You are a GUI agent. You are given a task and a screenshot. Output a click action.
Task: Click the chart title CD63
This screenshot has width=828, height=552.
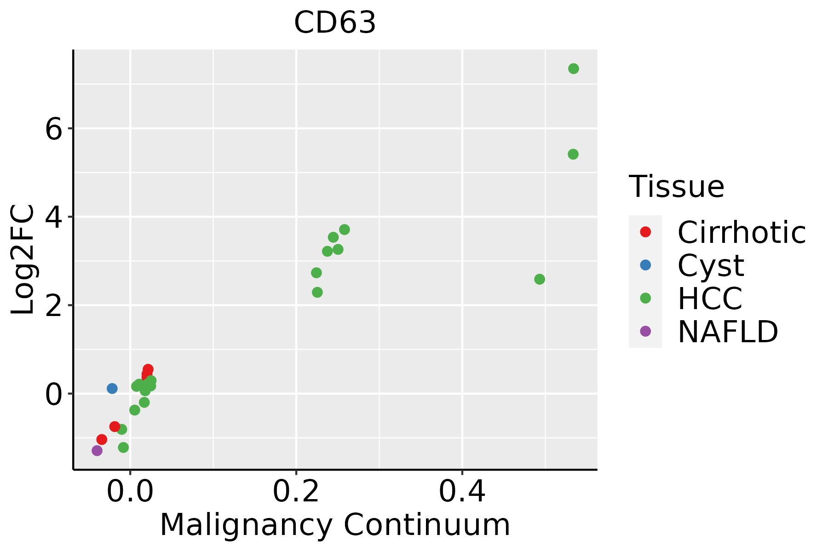tap(335, 23)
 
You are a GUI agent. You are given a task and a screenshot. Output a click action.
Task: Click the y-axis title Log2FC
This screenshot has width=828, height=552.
tap(23, 260)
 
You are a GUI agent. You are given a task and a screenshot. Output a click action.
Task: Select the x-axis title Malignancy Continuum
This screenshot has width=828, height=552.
tap(335, 525)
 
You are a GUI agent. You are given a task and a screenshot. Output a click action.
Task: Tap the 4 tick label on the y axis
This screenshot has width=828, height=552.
tap(54, 217)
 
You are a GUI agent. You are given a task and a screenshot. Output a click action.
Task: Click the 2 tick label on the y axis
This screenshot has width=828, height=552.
tap(54, 305)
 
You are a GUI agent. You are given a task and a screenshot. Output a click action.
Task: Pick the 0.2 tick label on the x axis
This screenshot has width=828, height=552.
tap(296, 492)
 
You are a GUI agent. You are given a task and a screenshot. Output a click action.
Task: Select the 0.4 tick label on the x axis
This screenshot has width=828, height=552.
tap(462, 492)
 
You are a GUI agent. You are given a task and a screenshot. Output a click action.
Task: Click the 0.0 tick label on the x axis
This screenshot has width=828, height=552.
tap(130, 492)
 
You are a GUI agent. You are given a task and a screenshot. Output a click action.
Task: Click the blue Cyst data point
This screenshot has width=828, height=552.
tap(112, 388)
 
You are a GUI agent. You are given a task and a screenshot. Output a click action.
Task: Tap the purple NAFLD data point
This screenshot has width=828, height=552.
tap(97, 450)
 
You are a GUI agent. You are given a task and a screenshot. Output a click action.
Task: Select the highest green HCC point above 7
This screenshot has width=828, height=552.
tap(573, 69)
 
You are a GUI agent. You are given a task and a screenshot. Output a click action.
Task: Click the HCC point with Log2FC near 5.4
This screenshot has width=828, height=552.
tap(573, 154)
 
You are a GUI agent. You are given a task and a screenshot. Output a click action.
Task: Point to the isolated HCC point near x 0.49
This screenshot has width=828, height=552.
tap(540, 279)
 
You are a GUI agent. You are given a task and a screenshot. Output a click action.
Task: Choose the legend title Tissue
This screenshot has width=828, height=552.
tap(676, 187)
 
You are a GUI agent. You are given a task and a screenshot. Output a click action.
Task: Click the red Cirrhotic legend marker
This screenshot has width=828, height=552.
tap(645, 232)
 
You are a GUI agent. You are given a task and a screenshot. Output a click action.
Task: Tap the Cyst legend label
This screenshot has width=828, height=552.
tap(711, 265)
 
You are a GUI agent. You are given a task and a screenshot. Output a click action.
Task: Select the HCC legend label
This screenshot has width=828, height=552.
tap(710, 299)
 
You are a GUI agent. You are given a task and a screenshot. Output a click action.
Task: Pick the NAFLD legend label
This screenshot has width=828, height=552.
tap(728, 332)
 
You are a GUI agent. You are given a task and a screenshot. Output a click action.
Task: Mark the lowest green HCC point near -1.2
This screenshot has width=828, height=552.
tap(123, 447)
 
